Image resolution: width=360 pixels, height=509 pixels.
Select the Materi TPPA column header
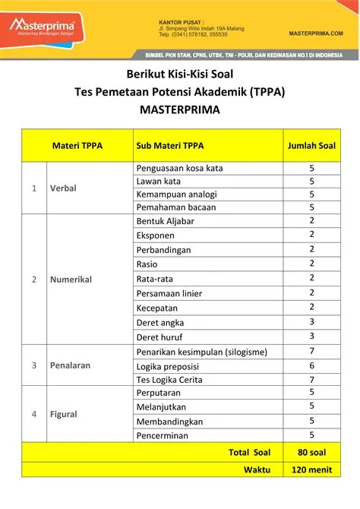pos(77,145)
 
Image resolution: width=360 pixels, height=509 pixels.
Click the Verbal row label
pos(63,188)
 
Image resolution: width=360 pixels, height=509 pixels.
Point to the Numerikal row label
pos(71,279)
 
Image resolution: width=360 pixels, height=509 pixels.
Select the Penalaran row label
pos(70,365)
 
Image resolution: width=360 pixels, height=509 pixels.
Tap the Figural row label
pos(65,415)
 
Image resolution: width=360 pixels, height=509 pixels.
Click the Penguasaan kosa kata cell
pos(179,168)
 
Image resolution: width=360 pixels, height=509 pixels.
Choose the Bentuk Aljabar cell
pos(165,221)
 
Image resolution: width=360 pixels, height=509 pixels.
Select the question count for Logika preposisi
pos(311,365)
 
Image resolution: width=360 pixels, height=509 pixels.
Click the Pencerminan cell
pos(163,435)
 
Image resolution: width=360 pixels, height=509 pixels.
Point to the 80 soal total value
pos(311,452)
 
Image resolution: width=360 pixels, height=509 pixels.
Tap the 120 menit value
pos(311,469)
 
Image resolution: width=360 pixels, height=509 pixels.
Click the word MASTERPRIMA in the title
pos(180,109)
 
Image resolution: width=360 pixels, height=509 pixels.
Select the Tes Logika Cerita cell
pos(171,379)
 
